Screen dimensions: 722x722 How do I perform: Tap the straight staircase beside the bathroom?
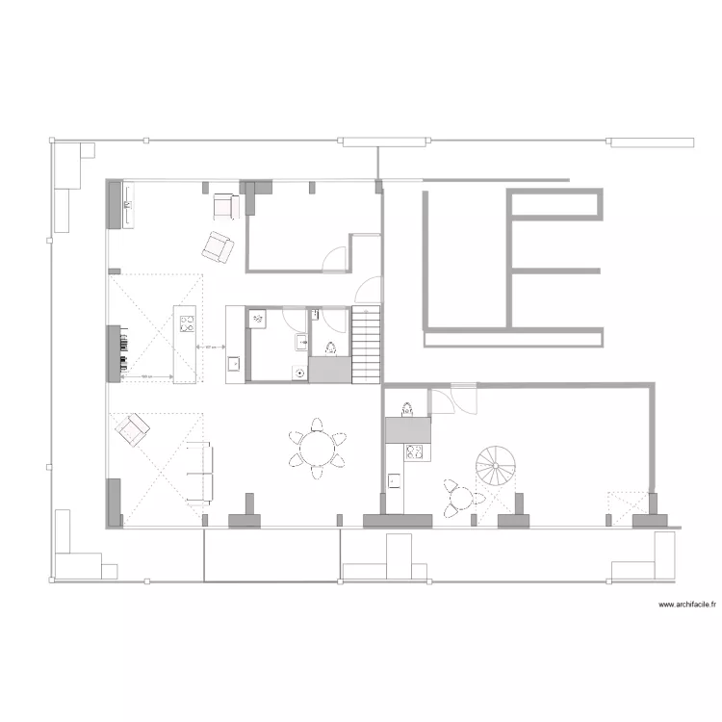pyautogui.click(x=366, y=344)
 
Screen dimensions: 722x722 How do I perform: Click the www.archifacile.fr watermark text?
pyautogui.click(x=688, y=605)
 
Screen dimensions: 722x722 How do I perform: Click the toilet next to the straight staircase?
pyautogui.click(x=329, y=348)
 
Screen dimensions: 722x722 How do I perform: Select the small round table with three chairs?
pyautogui.click(x=462, y=498)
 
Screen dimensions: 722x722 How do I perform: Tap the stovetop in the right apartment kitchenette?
pyautogui.click(x=415, y=450)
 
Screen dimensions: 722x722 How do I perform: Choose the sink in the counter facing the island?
pyautogui.click(x=234, y=364)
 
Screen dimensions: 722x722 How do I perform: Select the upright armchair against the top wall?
pyautogui.click(x=225, y=205)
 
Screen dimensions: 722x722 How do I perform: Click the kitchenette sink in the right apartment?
pyautogui.click(x=394, y=480)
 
